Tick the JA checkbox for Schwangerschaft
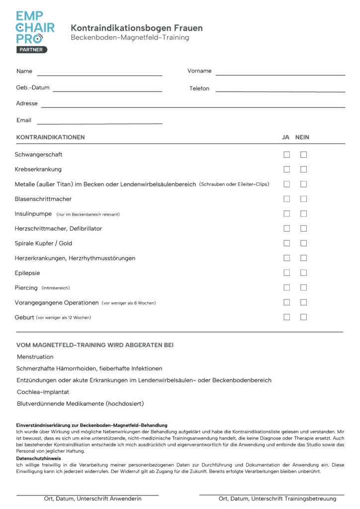pyautogui.click(x=287, y=155)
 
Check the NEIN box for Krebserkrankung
pyautogui.click(x=303, y=170)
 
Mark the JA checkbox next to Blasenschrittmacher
pyautogui.click(x=287, y=199)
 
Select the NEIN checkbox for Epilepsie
pyautogui.click(x=303, y=273)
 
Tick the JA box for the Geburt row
pyautogui.click(x=287, y=317)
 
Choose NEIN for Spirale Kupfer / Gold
pyautogui.click(x=303, y=243)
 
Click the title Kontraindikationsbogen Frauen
pyautogui.click(x=136, y=28)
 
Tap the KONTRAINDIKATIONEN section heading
pyautogui.click(x=51, y=137)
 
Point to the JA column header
pyautogui.click(x=286, y=137)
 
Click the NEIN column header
pyautogui.click(x=302, y=137)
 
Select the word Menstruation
pyautogui.click(x=35, y=357)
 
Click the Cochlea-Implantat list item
pyautogui.click(x=43, y=392)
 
